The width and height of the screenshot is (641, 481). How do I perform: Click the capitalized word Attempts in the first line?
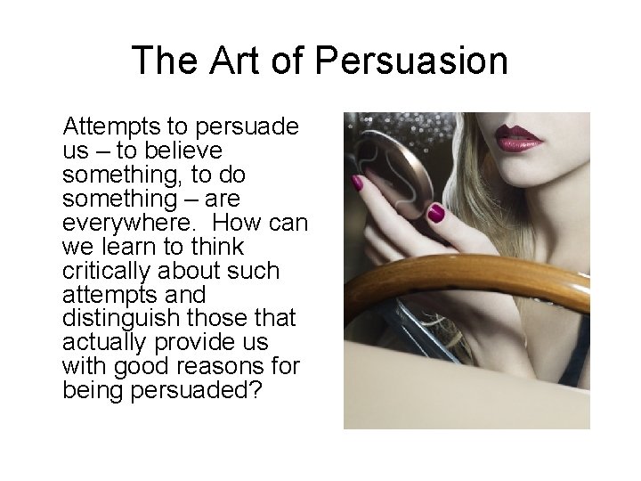(x=106, y=126)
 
